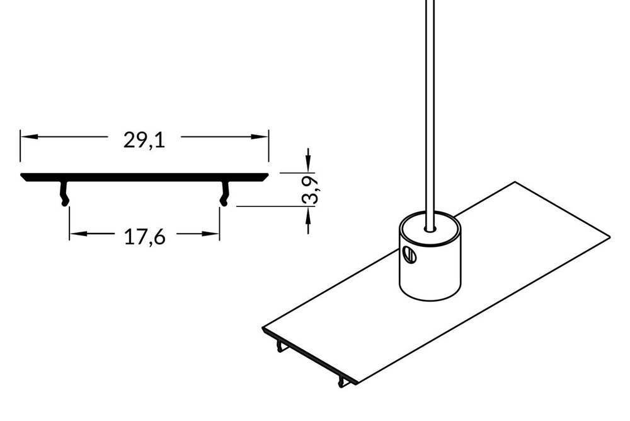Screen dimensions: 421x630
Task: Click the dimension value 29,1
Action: (x=144, y=141)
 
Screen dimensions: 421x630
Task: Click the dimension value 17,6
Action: (x=144, y=237)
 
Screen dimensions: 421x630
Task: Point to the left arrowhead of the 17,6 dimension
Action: (x=76, y=234)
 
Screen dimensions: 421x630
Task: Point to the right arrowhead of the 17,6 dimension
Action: (x=213, y=234)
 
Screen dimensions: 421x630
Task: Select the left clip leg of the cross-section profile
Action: (x=64, y=193)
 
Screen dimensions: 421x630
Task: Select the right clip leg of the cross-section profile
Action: (x=224, y=193)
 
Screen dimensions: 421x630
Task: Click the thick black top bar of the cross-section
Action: (x=144, y=176)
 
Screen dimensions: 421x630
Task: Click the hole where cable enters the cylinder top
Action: (x=430, y=225)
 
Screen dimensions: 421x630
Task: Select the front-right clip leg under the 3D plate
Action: (x=341, y=381)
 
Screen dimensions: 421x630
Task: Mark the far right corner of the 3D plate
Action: (x=610, y=236)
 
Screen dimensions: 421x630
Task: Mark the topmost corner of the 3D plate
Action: (x=515, y=182)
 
